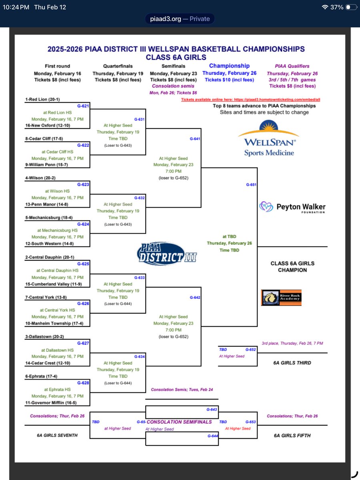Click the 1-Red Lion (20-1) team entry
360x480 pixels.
(44, 99)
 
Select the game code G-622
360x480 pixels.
(83, 146)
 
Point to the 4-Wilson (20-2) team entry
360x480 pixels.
(42, 178)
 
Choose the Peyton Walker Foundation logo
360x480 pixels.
(292, 207)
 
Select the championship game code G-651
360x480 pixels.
(251, 185)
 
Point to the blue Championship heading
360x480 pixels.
(229, 66)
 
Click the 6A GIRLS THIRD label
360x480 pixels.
(292, 363)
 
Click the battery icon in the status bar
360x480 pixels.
(350, 7)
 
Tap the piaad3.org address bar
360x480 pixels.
(180, 18)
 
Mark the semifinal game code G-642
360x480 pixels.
(195, 298)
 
